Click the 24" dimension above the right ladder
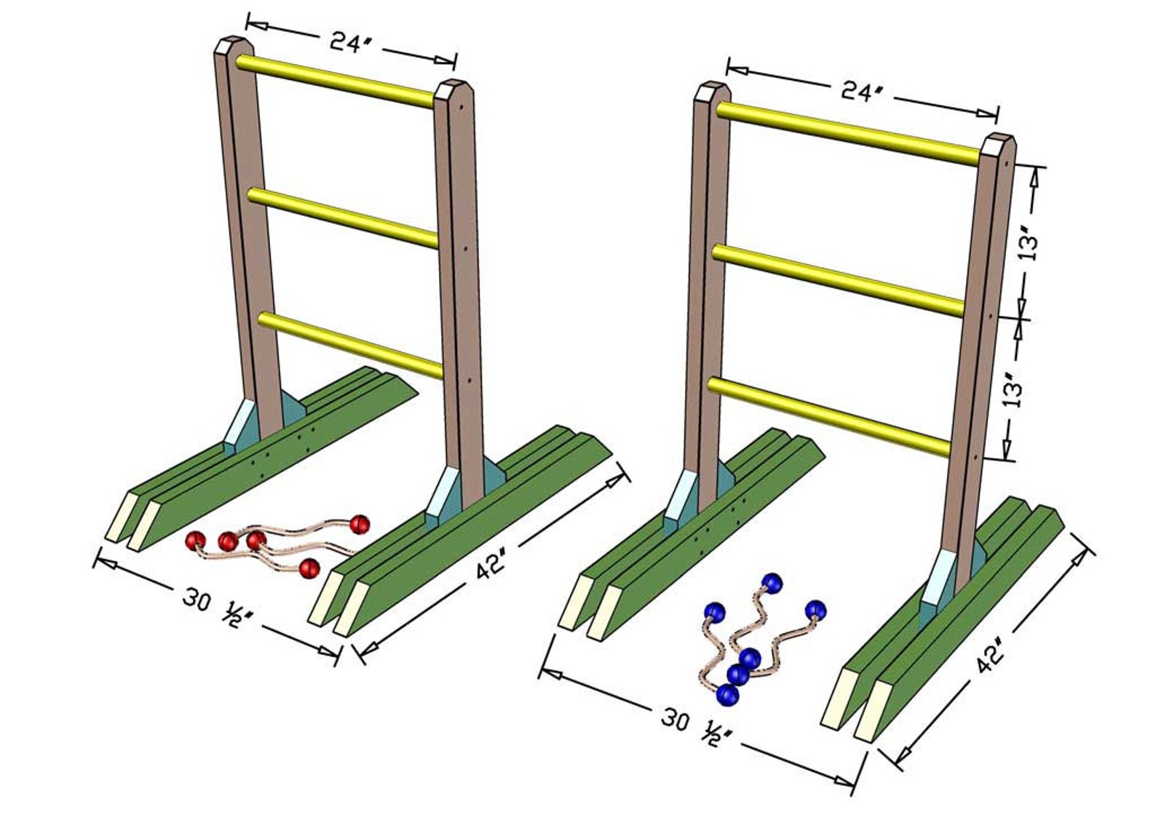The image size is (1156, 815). coord(862,92)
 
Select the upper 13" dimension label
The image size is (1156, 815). coord(1029,243)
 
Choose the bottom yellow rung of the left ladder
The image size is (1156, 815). coord(349,343)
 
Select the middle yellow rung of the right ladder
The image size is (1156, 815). coord(837,280)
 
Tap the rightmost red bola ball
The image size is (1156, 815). coord(360,523)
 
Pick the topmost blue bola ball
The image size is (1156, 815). coord(772,583)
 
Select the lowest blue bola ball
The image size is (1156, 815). coord(727,695)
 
